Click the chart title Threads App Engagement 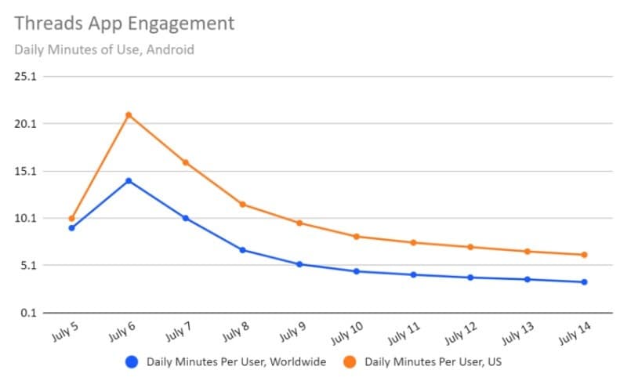click(125, 24)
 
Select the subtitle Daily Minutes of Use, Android click(104, 49)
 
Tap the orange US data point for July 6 click(129, 115)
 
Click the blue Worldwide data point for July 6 click(129, 181)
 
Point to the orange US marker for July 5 click(71, 219)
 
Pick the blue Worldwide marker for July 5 click(71, 228)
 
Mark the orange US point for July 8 click(242, 205)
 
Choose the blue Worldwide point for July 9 click(299, 264)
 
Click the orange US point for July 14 click(585, 255)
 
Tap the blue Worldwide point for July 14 click(585, 282)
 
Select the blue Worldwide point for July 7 click(186, 218)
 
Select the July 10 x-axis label click(346, 334)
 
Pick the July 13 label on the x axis click(517, 334)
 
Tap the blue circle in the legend click(132, 362)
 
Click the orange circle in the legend click(350, 362)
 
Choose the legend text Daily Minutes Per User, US click(433, 362)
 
